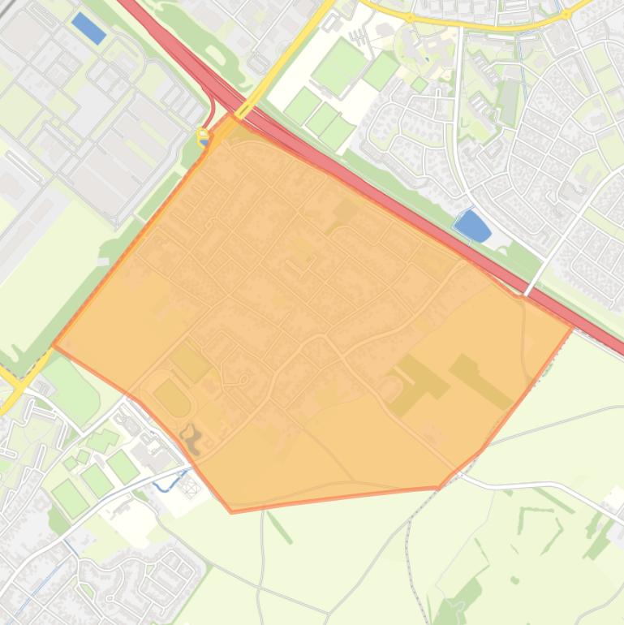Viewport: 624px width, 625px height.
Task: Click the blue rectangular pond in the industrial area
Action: [x=88, y=28]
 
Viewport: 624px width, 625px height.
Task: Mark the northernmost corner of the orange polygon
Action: [x=231, y=114]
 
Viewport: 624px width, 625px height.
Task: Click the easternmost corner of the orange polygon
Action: [x=575, y=327]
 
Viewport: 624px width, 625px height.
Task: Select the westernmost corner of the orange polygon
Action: [x=54, y=346]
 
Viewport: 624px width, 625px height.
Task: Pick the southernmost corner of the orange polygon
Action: [x=232, y=512]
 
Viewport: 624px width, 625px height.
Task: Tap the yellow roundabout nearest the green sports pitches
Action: [x=410, y=17]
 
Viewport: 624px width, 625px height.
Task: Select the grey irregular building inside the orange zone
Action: [x=192, y=437]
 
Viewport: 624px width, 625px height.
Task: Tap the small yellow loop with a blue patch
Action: [x=203, y=136]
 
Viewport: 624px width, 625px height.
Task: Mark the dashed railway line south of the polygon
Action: [x=410, y=552]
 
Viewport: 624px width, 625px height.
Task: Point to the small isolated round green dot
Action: [x=514, y=580]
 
